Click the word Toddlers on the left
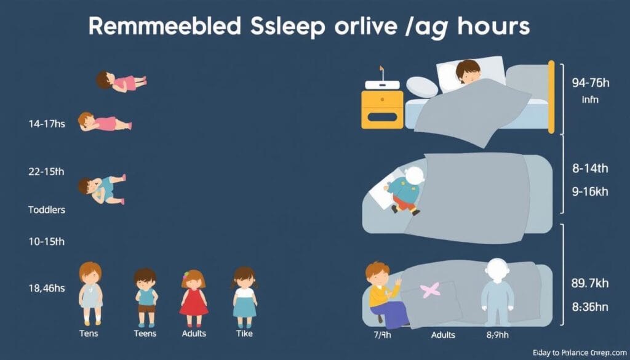[x=47, y=209]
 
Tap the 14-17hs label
[x=46, y=123]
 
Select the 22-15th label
[x=46, y=172]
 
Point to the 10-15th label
[x=46, y=242]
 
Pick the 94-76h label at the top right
[x=589, y=81]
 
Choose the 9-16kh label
[x=589, y=191]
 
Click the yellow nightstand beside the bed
[x=382, y=110]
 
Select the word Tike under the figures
[x=244, y=333]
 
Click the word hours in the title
[x=492, y=27]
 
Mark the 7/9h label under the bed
[x=381, y=335]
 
